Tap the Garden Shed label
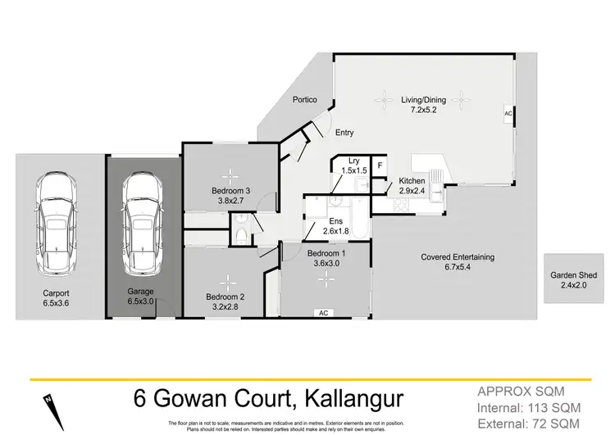pyautogui.click(x=573, y=276)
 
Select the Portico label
pyautogui.click(x=305, y=100)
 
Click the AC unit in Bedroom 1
pyautogui.click(x=324, y=313)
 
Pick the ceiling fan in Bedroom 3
pyautogui.click(x=232, y=173)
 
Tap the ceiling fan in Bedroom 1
pyautogui.click(x=329, y=279)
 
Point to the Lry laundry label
pyautogui.click(x=354, y=161)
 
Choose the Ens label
pyautogui.click(x=335, y=221)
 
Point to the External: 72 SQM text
pyautogui.click(x=532, y=423)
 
